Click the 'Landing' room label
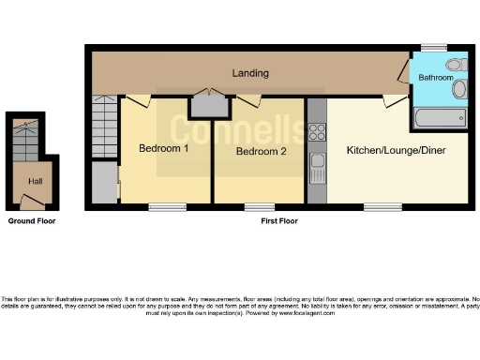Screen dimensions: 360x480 tap(250, 72)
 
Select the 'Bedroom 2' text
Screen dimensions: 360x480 tap(260, 151)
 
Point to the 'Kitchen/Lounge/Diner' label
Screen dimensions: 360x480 tap(391, 150)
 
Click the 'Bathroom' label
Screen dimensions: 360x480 tap(436, 77)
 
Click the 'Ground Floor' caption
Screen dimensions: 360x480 tap(32, 221)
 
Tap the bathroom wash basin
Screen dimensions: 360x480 tap(459, 91)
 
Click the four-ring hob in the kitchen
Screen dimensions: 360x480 tap(317, 132)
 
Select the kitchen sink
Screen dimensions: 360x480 tap(317, 170)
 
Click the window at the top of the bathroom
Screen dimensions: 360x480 tap(433, 46)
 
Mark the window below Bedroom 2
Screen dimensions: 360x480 tap(260, 205)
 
